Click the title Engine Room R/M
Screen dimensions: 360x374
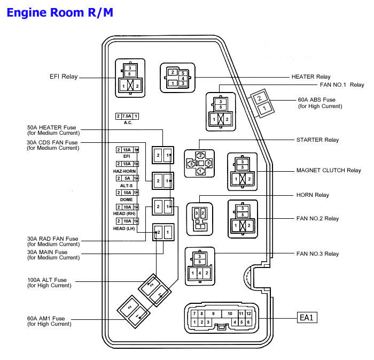pos(60,12)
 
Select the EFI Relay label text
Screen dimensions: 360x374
pos(63,77)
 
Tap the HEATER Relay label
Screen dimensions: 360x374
pos(311,77)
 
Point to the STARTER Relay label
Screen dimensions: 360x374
pos(317,140)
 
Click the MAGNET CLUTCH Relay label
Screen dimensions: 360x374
pos(329,171)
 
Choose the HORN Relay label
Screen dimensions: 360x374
pos(313,195)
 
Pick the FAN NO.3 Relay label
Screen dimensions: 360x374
pos(317,254)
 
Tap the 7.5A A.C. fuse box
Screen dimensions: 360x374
pos(127,116)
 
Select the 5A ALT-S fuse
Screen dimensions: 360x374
pos(127,178)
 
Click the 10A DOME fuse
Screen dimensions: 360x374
pos(127,192)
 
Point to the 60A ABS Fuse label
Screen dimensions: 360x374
pos(317,99)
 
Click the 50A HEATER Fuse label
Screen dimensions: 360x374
pos(52,128)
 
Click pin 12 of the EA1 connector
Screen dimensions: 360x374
pos(248,313)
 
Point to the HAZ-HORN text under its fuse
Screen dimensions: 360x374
pos(124,171)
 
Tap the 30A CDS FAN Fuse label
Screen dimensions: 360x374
pos(52,142)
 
